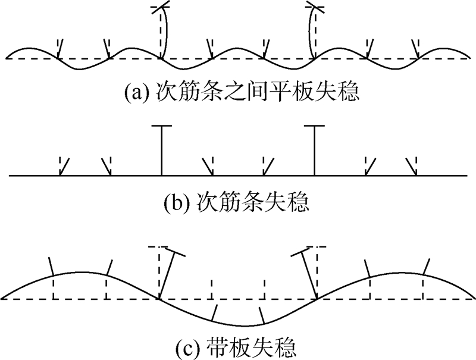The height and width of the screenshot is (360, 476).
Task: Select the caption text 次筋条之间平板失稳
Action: coord(256,94)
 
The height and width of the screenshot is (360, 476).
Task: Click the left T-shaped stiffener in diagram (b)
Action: coord(161,149)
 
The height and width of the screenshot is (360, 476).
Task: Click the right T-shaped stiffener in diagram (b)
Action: coord(315,149)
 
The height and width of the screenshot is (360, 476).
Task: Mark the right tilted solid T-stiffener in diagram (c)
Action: coord(308,274)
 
